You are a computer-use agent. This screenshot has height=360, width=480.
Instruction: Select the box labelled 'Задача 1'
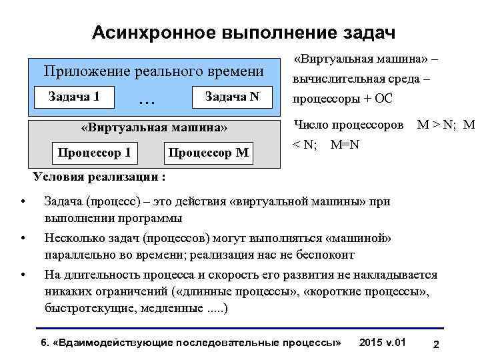pos(74,97)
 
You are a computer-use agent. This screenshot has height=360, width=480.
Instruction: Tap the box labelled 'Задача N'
pos(232,97)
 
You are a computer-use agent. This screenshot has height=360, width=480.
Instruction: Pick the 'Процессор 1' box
pos(94,154)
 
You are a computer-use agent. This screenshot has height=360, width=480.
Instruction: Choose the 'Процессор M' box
pos(209,154)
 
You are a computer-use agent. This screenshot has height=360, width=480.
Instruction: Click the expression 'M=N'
pos(345,145)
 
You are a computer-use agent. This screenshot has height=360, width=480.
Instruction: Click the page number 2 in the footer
pos(435,344)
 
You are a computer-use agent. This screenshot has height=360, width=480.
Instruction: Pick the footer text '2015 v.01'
pos(382,342)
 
